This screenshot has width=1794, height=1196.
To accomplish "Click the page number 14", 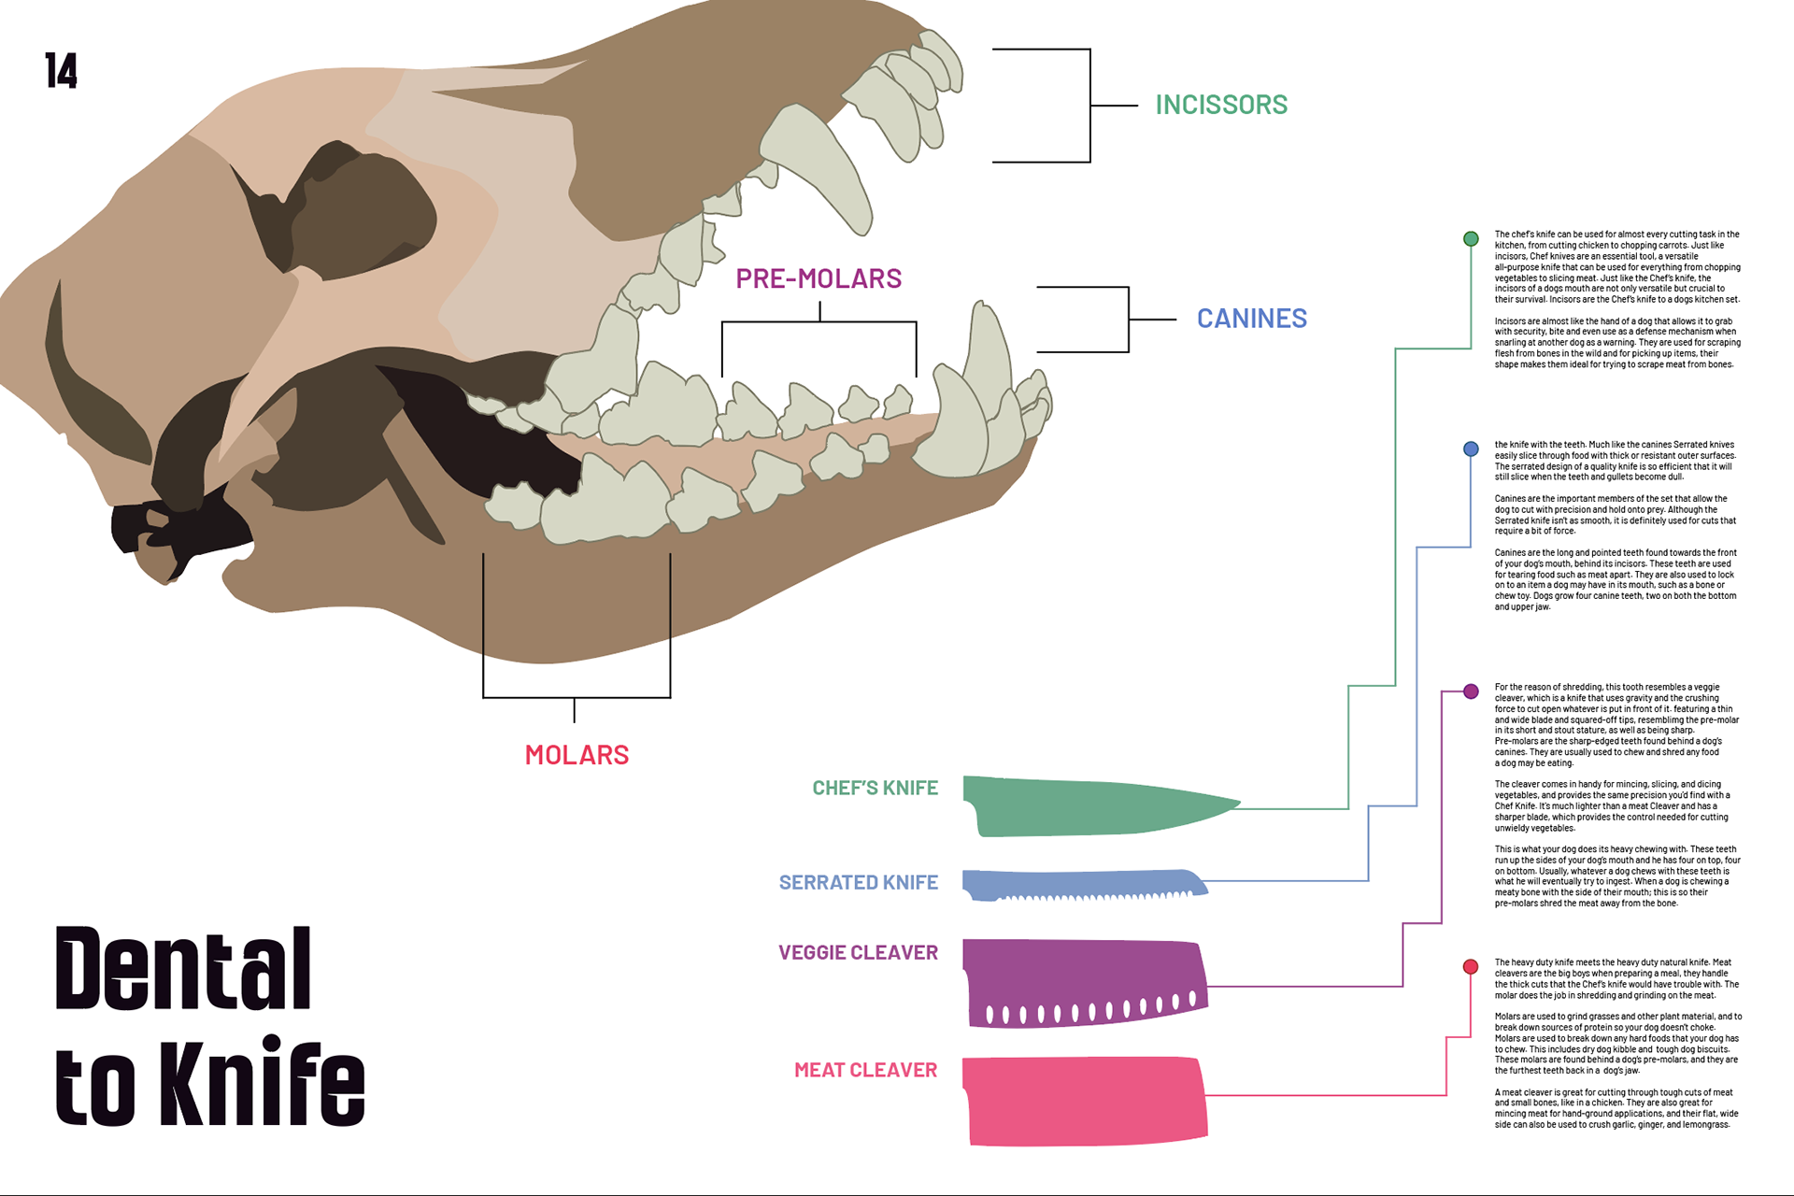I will [x=61, y=71].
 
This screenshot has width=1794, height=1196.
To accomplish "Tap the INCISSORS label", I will [x=1220, y=105].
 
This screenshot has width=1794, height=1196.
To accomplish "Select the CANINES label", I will [x=1251, y=319].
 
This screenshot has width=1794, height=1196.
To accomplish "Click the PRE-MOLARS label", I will [x=819, y=278].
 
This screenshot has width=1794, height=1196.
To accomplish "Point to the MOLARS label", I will [x=577, y=755].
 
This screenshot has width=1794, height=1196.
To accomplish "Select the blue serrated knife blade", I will [x=1075, y=882].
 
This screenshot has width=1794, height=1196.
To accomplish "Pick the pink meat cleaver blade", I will [x=1084, y=1101].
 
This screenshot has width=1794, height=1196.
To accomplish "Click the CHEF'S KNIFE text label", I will [x=875, y=788].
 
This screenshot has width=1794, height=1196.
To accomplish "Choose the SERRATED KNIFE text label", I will [x=858, y=883].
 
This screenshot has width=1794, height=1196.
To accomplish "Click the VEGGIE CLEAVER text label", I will [x=858, y=953].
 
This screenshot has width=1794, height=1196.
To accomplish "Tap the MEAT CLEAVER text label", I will [x=865, y=1071].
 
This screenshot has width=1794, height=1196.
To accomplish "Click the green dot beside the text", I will [x=1471, y=239].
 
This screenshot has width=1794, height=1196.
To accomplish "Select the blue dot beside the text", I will [x=1471, y=449].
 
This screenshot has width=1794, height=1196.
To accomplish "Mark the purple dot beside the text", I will [x=1471, y=691].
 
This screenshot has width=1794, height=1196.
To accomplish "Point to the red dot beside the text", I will [x=1471, y=967].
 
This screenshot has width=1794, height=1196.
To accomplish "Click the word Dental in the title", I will [x=183, y=969].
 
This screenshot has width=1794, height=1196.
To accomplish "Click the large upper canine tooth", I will [x=818, y=164].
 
